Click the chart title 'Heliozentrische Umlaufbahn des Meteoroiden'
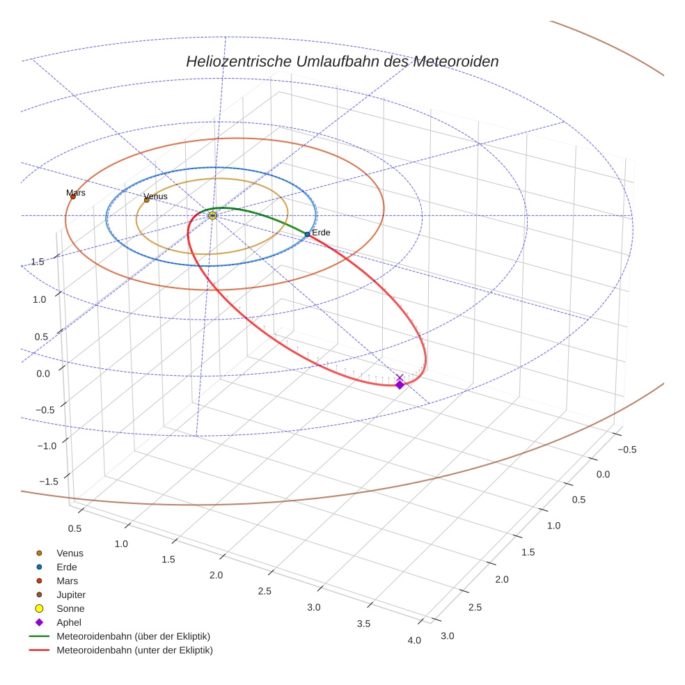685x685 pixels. pyautogui.click(x=342, y=61)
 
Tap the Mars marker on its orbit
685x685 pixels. pyautogui.click(x=72, y=197)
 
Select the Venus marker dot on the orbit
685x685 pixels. pyautogui.click(x=146, y=200)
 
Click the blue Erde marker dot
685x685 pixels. pyautogui.click(x=307, y=235)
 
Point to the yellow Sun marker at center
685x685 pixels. pyautogui.click(x=212, y=216)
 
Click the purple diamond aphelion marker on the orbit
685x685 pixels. pyautogui.click(x=400, y=384)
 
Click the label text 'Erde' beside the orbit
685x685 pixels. pyautogui.click(x=321, y=233)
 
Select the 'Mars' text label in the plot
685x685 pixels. pyautogui.click(x=76, y=193)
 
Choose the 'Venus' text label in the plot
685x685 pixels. pyautogui.click(x=155, y=196)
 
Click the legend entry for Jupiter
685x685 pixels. pyautogui.click(x=70, y=595)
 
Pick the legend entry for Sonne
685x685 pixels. pyautogui.click(x=70, y=608)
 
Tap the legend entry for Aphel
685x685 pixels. pyautogui.click(x=69, y=622)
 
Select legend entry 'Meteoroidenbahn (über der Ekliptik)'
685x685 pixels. pyautogui.click(x=133, y=636)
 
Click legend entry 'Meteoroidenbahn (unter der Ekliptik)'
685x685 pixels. pyautogui.click(x=134, y=650)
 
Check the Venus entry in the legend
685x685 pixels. pyautogui.click(x=70, y=553)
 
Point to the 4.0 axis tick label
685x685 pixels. pyautogui.click(x=414, y=640)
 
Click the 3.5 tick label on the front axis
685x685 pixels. pyautogui.click(x=363, y=624)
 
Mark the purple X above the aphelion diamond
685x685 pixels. pyautogui.click(x=400, y=377)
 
